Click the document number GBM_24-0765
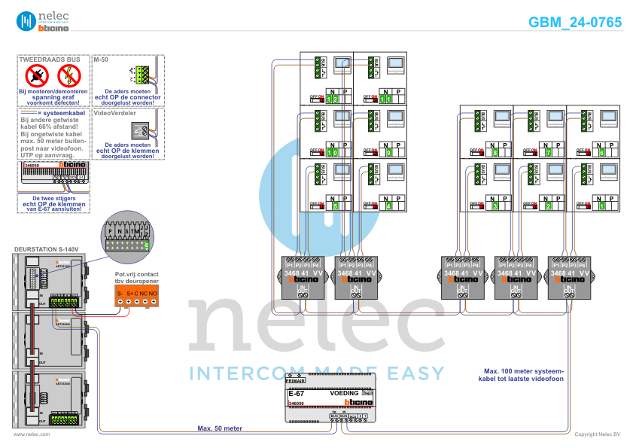tap(575, 22)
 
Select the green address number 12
tap(333, 99)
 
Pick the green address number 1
tap(601, 206)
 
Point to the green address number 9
tap(387, 152)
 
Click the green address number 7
tap(549, 153)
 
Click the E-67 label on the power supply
tap(297, 394)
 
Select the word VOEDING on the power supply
tap(344, 394)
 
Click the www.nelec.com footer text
tap(32, 434)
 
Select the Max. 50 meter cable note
tap(219, 428)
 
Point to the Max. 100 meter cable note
tap(522, 374)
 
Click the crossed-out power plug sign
tap(37, 75)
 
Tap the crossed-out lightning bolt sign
tap(69, 75)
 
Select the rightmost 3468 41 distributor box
tap(568, 276)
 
